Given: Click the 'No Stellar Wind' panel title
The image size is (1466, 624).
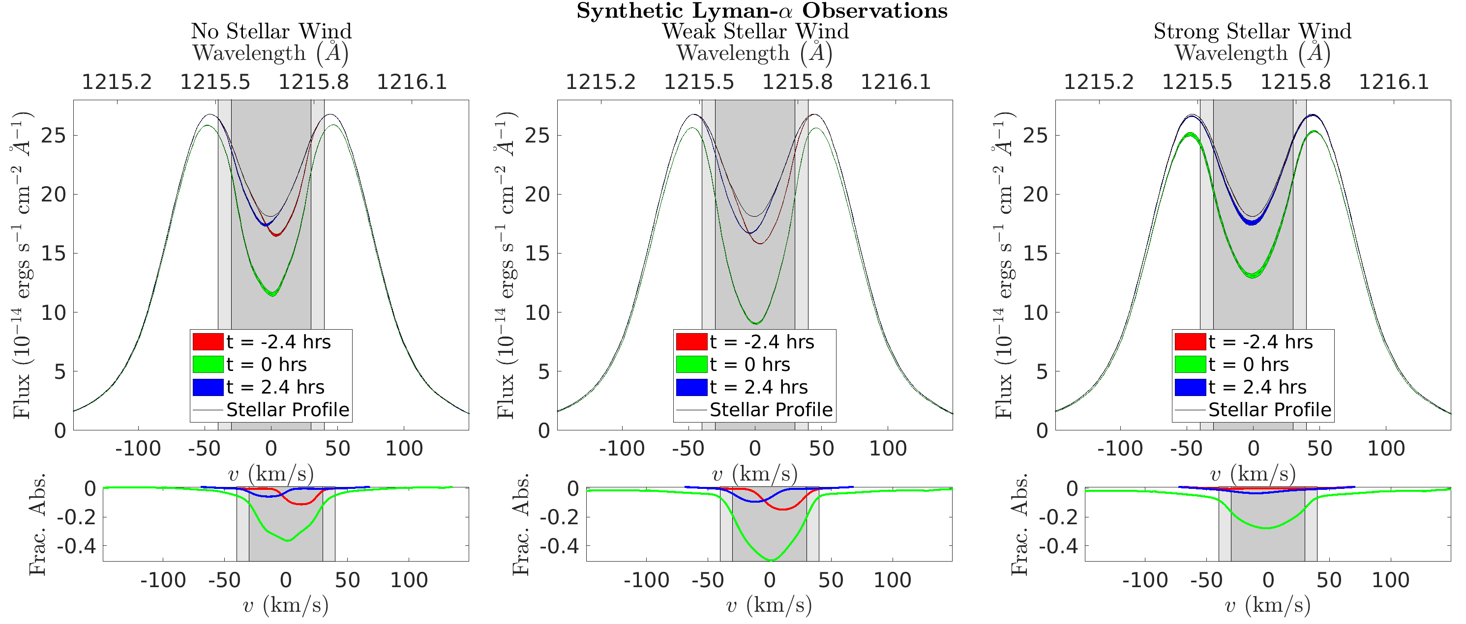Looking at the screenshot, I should (x=271, y=31).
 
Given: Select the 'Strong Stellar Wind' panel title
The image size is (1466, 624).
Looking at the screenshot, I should (x=1252, y=31).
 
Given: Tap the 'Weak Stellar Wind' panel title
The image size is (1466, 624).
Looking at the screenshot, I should (x=755, y=31).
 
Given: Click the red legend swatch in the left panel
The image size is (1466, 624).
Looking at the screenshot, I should (x=208, y=341).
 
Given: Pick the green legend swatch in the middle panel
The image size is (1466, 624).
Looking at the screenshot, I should (x=691, y=364).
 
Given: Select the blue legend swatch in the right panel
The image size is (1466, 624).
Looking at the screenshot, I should (x=1190, y=387).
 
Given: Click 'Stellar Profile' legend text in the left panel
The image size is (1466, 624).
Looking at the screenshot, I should (x=287, y=410).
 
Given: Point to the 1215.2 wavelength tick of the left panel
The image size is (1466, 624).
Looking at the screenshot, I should (x=117, y=82).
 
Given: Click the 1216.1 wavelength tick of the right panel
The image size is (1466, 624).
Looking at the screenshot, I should (x=1394, y=82).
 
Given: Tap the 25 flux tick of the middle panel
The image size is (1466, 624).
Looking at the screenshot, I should (x=537, y=136).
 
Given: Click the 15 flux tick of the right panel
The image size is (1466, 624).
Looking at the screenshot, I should (x=1035, y=253).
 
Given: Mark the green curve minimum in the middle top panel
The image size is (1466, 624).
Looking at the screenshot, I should (x=755, y=323).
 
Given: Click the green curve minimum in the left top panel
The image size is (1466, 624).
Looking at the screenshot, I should (x=272, y=295).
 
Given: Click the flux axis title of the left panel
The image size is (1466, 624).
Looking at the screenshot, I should (x=22, y=265).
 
